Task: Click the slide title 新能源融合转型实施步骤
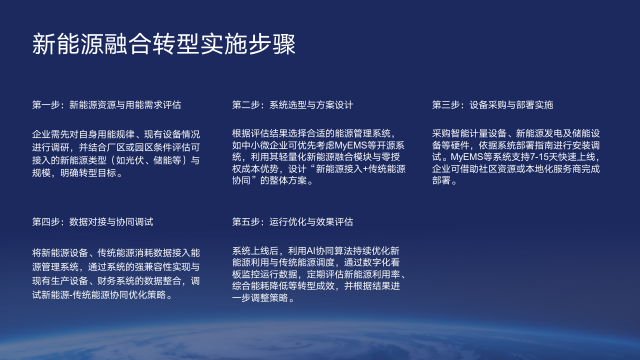click(163, 44)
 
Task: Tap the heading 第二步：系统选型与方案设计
click(293, 104)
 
